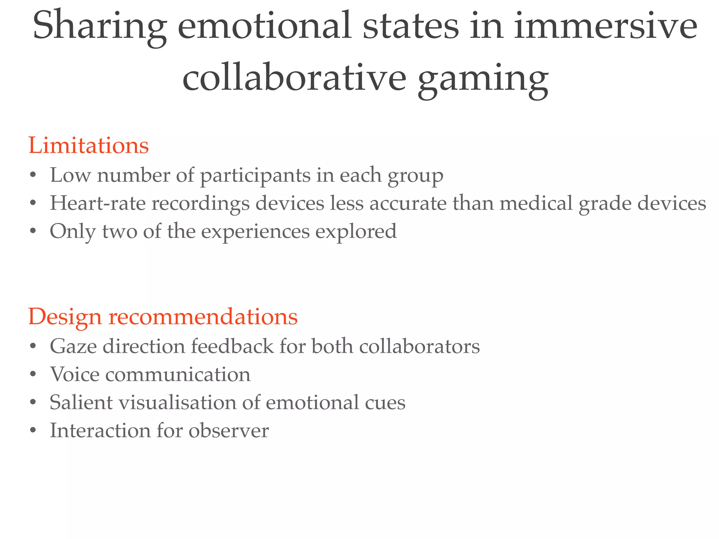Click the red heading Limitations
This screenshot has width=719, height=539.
point(88,145)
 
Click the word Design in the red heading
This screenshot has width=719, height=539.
point(65,317)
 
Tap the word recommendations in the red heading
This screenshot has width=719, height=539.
point(203,317)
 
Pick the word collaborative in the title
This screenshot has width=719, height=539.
point(294,78)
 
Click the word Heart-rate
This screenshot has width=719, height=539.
point(98,203)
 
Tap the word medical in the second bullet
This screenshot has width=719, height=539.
point(536,203)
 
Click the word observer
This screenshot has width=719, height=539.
point(229,431)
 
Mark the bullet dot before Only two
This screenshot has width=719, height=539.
point(33,232)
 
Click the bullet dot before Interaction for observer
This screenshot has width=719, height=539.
point(33,431)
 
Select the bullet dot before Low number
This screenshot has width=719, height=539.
point(33,175)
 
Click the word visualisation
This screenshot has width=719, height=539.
point(178,402)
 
